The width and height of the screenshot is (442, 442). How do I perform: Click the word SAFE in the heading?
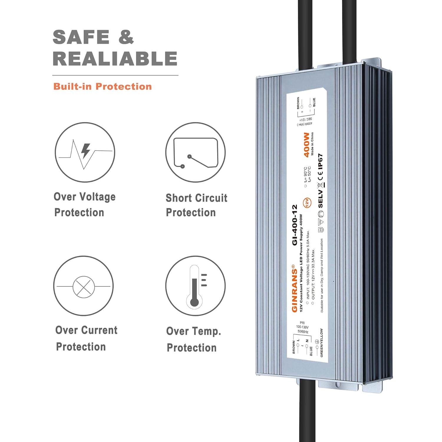pos(81,37)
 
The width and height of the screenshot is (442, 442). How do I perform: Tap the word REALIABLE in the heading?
pos(115,59)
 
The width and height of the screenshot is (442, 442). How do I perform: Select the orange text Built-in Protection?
pos(102,86)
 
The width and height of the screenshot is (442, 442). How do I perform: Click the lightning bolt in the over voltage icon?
pos(86,151)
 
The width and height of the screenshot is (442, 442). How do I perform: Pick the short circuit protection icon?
pos(195,152)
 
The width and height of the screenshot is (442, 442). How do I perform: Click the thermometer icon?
pos(195,286)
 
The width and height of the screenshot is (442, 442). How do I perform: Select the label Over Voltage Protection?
pos(84,204)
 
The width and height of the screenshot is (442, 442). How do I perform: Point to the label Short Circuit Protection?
pos(196,205)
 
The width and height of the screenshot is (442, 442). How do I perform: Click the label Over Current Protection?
pos(86,338)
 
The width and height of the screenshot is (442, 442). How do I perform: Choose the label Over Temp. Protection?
pos(193,339)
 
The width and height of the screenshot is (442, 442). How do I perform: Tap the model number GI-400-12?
pos(295,225)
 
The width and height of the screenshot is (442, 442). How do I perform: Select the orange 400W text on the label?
pos(306,145)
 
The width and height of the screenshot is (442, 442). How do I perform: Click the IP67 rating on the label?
pos(321,161)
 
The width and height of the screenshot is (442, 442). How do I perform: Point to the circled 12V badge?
pos(307,202)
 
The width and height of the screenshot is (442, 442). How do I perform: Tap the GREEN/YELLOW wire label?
pos(321,343)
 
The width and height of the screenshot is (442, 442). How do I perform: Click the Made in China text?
pos(312,144)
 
